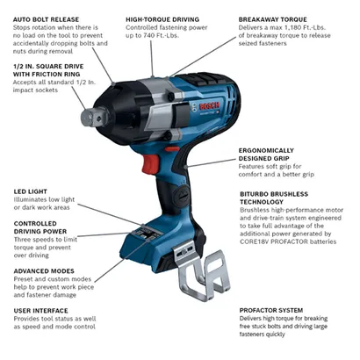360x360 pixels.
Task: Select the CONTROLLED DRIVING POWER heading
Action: coord(44,227)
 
